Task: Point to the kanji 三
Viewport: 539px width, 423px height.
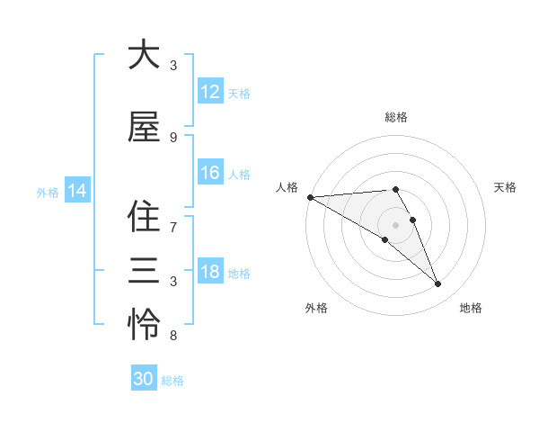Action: pos(144,270)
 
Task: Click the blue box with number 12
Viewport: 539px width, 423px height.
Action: pos(210,92)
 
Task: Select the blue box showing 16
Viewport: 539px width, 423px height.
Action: pos(210,173)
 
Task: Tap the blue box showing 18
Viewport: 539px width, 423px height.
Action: pos(210,273)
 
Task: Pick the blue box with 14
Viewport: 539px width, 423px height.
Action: pos(77,191)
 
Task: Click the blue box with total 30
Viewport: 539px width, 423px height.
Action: pos(144,379)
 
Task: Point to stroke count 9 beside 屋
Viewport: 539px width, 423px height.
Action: pos(173,137)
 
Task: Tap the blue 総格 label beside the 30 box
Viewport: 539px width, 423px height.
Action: pos(172,381)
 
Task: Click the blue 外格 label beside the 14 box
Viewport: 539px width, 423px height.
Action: pos(48,192)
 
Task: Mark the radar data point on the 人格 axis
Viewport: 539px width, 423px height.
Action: pos(310,197)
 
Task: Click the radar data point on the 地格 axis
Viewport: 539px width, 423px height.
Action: pos(438,284)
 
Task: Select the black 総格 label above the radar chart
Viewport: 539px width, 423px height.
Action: pos(396,117)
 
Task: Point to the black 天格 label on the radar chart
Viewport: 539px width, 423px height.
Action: pos(506,187)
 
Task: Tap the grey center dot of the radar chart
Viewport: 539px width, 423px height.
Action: pos(396,223)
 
